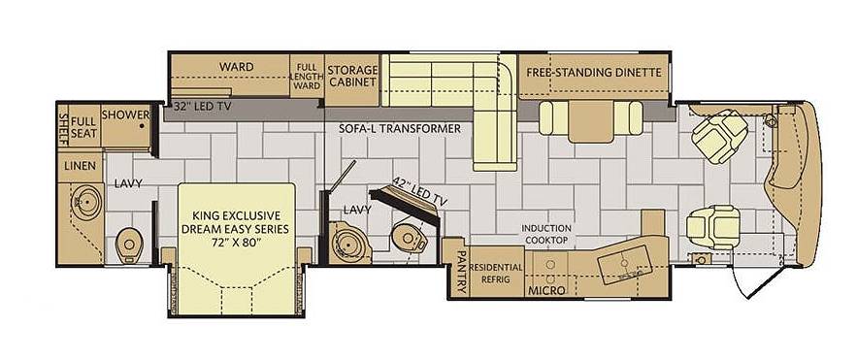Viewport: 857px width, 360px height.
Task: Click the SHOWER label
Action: [126, 115]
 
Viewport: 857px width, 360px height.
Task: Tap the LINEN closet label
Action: [80, 166]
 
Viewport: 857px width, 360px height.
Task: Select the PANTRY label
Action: [460, 272]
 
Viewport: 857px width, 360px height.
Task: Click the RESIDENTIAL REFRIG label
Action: [496, 273]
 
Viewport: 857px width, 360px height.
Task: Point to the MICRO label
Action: [546, 291]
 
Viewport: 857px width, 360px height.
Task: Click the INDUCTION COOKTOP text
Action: [546, 234]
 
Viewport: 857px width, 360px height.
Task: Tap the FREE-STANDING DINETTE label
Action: [594, 72]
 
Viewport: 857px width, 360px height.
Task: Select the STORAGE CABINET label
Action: [352, 76]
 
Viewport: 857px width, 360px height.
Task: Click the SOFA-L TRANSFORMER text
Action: [400, 129]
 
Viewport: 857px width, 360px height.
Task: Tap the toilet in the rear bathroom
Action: [128, 244]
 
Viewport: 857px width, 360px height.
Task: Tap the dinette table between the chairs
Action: [591, 120]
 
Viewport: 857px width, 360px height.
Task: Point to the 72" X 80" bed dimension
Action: [235, 242]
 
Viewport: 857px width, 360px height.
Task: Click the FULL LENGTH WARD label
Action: [307, 77]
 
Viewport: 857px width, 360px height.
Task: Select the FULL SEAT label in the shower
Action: [83, 127]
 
